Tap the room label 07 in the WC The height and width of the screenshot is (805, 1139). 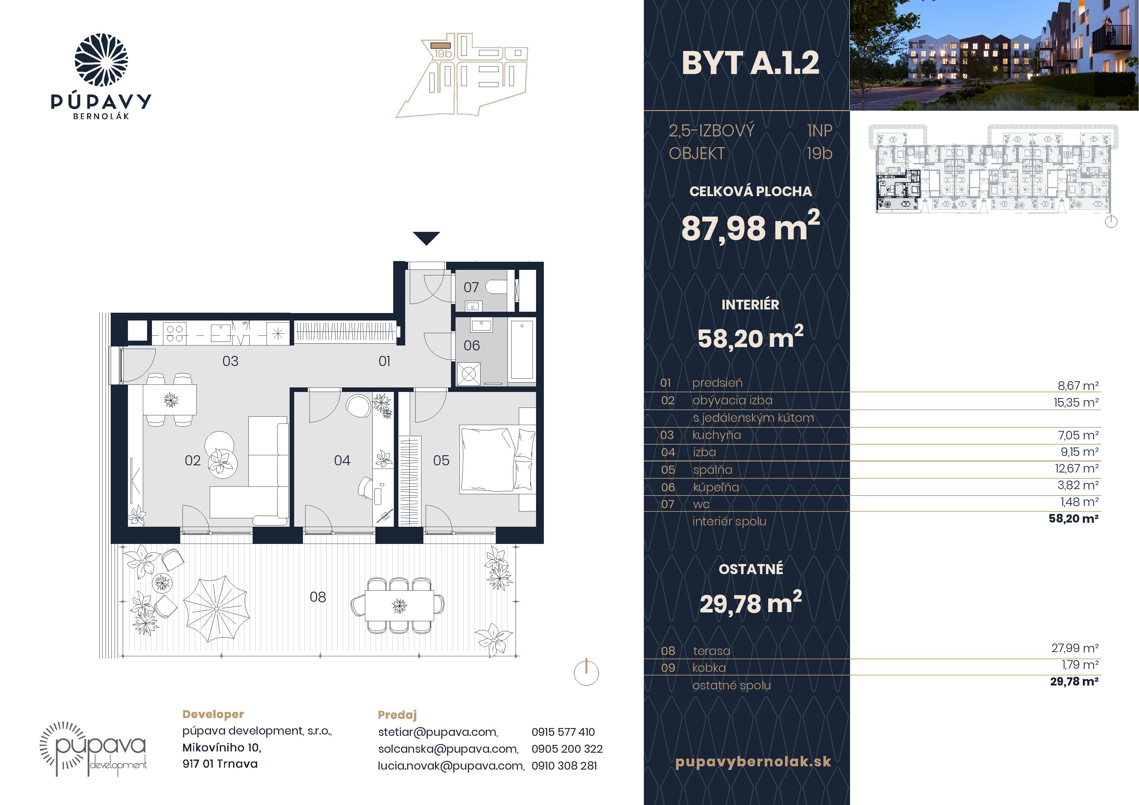pyautogui.click(x=471, y=287)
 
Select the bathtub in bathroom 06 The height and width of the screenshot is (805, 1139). pyautogui.click(x=522, y=350)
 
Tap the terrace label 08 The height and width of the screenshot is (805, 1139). pyautogui.click(x=318, y=597)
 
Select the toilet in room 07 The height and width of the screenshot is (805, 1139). pyautogui.click(x=496, y=287)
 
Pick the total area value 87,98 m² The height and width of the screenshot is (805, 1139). pyautogui.click(x=750, y=227)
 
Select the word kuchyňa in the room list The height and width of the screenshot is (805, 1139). pyautogui.click(x=716, y=435)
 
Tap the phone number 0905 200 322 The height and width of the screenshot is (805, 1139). pyautogui.click(x=567, y=749)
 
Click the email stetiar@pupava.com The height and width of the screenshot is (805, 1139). pyautogui.click(x=438, y=732)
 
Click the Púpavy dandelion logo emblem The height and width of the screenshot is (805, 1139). pyautogui.click(x=101, y=60)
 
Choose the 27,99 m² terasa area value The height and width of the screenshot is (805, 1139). pyautogui.click(x=1075, y=648)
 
